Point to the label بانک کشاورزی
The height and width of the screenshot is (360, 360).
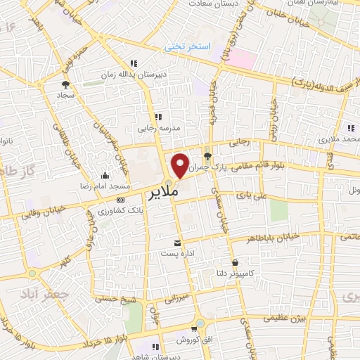(x=112, y=210)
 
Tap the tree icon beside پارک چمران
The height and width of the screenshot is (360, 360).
(x=207, y=156)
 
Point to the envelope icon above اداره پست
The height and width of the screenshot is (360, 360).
(x=167, y=243)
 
